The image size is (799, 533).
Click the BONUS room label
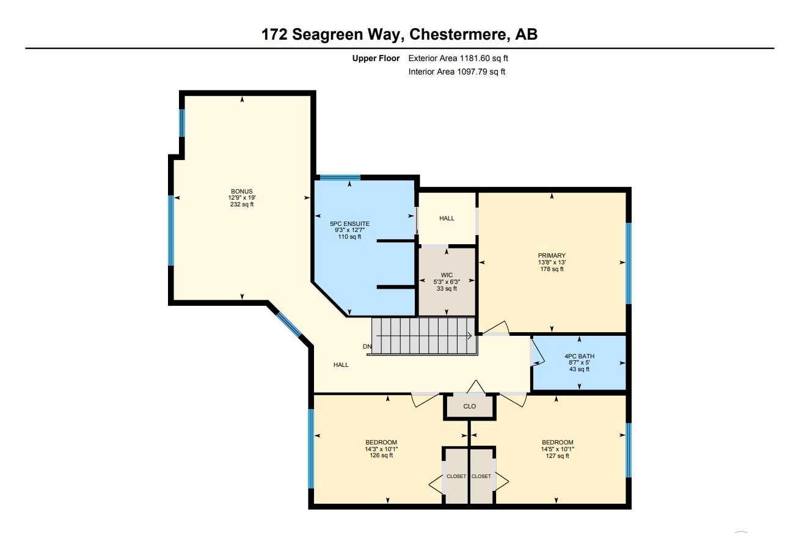[x=241, y=192]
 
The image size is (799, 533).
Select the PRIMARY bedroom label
[x=552, y=256]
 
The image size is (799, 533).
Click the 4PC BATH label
[x=579, y=356]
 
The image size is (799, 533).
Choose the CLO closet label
[x=469, y=406]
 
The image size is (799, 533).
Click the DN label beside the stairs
[x=367, y=347]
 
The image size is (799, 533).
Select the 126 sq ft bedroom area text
[x=381, y=455]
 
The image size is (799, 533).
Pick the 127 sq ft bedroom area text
[x=557, y=455]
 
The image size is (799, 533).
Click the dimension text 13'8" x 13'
[x=552, y=263]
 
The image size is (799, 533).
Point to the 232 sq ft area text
[x=241, y=205]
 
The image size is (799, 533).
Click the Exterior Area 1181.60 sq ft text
[x=458, y=59]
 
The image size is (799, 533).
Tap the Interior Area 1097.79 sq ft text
[x=457, y=72]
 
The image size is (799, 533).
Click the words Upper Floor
[x=376, y=59]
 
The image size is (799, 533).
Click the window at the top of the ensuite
[x=340, y=178]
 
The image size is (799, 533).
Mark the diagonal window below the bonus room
[x=288, y=325]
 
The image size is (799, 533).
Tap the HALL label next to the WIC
[x=447, y=218]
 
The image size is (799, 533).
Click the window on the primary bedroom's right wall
[x=628, y=263]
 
